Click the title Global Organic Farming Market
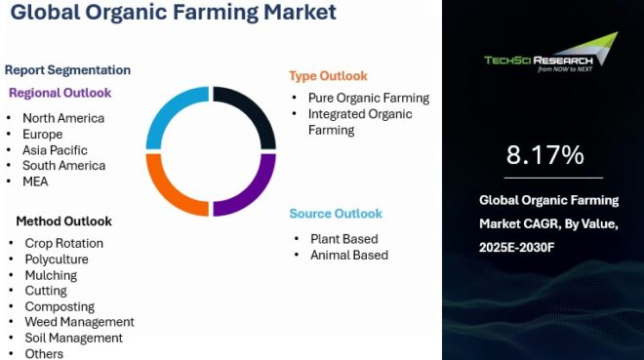170,13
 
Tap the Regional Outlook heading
60,93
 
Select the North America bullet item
63,118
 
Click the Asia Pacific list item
55,150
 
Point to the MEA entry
35,181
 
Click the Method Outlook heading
63,220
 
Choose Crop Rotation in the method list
63,243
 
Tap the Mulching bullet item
51,275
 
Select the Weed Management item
79,322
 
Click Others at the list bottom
44,353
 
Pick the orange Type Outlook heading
328,76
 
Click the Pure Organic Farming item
368,98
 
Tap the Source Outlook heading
336,214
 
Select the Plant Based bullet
343,238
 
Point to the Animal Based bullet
348,255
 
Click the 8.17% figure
544,154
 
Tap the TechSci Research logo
550,54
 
